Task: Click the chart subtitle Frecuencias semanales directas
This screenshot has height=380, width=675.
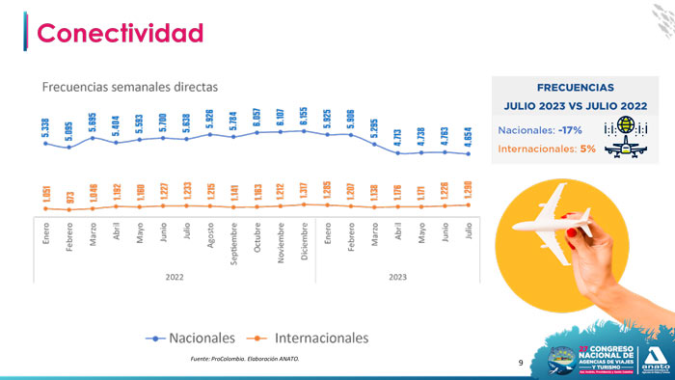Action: (x=130, y=87)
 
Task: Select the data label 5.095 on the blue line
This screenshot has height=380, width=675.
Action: (x=69, y=130)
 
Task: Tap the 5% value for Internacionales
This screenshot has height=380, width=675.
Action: (x=587, y=149)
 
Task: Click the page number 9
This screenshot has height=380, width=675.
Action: (x=521, y=364)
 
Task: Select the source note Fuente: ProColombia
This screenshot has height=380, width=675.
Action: (x=245, y=359)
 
